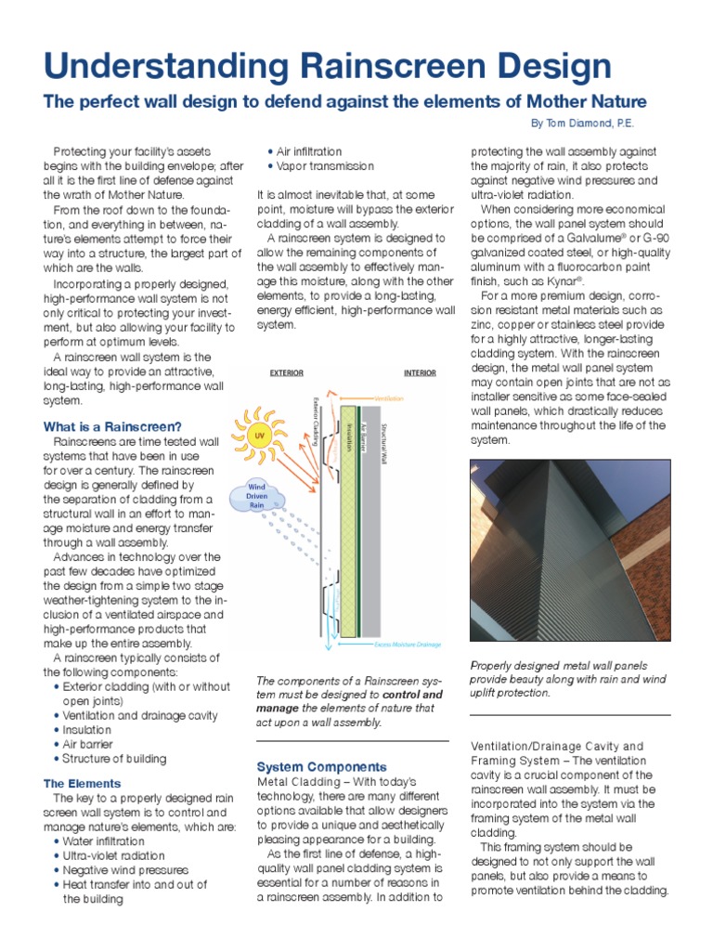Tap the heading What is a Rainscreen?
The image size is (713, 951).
point(112,426)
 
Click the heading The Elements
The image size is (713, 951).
point(82,783)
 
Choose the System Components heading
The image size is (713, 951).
point(321,766)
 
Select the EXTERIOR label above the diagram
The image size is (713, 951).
point(286,372)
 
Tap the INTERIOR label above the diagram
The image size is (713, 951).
point(420,372)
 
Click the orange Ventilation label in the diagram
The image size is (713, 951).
point(391,397)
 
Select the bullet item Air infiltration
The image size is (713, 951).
point(309,151)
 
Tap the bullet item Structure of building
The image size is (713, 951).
point(114,758)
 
